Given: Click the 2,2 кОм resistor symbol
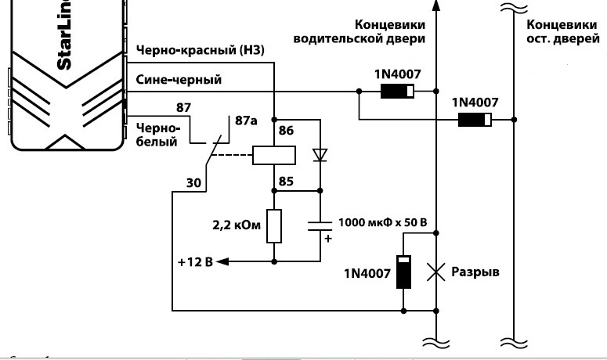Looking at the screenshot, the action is pos(274,226).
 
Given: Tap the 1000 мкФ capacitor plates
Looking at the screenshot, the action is pos(320,226).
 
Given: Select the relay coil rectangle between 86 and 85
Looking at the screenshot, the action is pos(274,156).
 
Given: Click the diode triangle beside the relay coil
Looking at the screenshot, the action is pos(320,155).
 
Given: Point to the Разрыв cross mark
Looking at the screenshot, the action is pos(436,272).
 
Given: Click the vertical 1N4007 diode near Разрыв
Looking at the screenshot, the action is pos(404,272).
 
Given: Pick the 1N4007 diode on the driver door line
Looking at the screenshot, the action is pos(397,92).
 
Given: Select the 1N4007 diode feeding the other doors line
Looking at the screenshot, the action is pos(475,120).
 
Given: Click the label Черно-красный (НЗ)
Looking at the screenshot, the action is pos(201,50).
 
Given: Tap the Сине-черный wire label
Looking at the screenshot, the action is pos(179,80).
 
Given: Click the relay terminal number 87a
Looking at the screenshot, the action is pos(246,121).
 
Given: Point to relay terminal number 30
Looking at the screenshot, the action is pos(193,182).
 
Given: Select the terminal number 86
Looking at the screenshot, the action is pos(286,131).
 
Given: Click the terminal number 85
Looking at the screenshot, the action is pos(286,182).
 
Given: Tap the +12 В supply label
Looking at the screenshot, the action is pos(196,262).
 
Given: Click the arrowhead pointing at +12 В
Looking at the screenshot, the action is pos(222,262).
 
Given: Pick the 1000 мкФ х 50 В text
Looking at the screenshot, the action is pos(383,222).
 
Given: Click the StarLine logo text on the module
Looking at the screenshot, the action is pos(64,34).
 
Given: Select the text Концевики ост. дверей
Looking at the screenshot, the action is pos(563,31).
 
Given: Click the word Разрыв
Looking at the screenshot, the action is pos(475,272).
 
